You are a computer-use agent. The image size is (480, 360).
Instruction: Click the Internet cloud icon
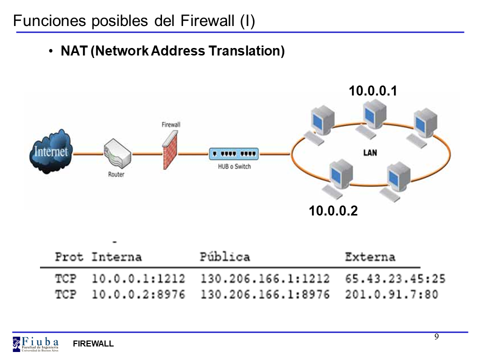pyautogui.click(x=50, y=151)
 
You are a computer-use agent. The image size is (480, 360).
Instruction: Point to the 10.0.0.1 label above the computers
pyautogui.click(x=372, y=91)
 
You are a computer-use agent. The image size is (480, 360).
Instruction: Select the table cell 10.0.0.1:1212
pyautogui.click(x=138, y=278)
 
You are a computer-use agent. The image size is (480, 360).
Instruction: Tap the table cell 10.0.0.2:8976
pyautogui.click(x=138, y=294)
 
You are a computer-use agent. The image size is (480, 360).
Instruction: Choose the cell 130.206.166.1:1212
pyautogui.click(x=265, y=278)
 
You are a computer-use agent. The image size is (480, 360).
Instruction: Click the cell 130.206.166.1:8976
pyautogui.click(x=265, y=294)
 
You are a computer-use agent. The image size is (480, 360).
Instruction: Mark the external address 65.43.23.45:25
pyautogui.click(x=395, y=278)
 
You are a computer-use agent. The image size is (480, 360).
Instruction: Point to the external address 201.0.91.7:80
pyautogui.click(x=391, y=294)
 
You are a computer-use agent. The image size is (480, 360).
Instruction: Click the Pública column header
pyautogui.click(x=224, y=257)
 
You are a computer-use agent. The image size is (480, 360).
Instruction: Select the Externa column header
pyautogui.click(x=370, y=257)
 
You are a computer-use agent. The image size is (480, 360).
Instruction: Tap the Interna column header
pyautogui.click(x=116, y=257)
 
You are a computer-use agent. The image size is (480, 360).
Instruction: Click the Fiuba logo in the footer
pyautogui.click(x=35, y=343)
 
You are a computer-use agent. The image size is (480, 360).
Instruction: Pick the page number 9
pyautogui.click(x=436, y=336)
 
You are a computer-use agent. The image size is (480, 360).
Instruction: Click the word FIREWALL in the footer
pyautogui.click(x=93, y=344)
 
